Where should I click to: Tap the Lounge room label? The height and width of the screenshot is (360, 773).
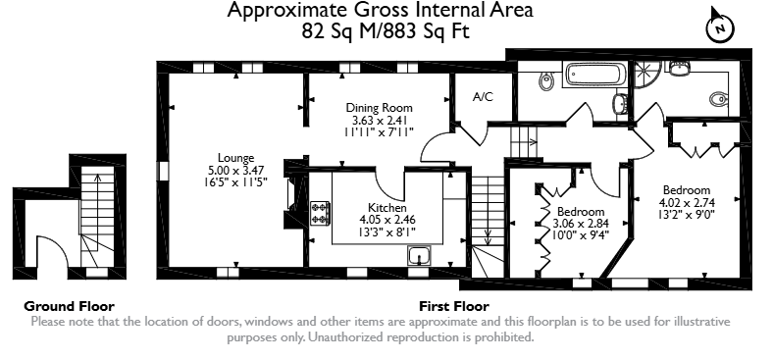pyautogui.click(x=236, y=158)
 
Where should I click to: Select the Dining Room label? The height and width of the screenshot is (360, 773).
pyautogui.click(x=379, y=108)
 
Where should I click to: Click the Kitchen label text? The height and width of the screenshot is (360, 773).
pyautogui.click(x=387, y=208)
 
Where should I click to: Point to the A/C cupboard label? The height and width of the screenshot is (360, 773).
pyautogui.click(x=483, y=97)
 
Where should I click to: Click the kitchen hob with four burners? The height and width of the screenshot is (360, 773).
pyautogui.click(x=320, y=214)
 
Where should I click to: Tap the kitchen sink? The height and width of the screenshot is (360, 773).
pyautogui.click(x=419, y=255)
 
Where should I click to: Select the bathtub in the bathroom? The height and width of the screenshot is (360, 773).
pyautogui.click(x=595, y=75)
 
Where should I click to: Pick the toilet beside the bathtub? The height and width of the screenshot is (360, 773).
pyautogui.click(x=545, y=81)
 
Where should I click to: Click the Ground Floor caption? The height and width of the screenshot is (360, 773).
pyautogui.click(x=69, y=307)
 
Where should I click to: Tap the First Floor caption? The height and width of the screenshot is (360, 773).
pyautogui.click(x=454, y=307)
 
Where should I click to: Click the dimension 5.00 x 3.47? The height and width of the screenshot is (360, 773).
pyautogui.click(x=236, y=171)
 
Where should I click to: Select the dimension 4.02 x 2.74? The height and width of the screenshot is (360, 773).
pyautogui.click(x=687, y=202)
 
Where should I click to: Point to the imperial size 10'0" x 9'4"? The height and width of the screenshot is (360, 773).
pyautogui.click(x=581, y=235)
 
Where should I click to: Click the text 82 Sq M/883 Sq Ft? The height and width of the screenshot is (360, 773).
pyautogui.click(x=386, y=31)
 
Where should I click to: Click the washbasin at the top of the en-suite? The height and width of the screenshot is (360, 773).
pyautogui.click(x=681, y=68)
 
